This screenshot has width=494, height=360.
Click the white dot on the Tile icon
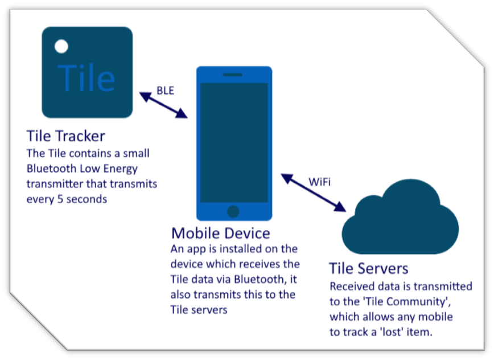(61, 46)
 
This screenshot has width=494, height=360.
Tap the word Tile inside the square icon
(87, 77)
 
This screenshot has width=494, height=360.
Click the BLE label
(166, 90)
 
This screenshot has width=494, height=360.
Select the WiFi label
(319, 182)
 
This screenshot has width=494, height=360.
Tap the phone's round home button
(233, 211)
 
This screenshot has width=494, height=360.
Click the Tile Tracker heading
(65, 137)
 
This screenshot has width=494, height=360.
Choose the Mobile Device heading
(221, 234)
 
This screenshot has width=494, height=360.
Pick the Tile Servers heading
(369, 268)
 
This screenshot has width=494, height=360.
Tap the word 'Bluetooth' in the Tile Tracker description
(53, 169)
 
